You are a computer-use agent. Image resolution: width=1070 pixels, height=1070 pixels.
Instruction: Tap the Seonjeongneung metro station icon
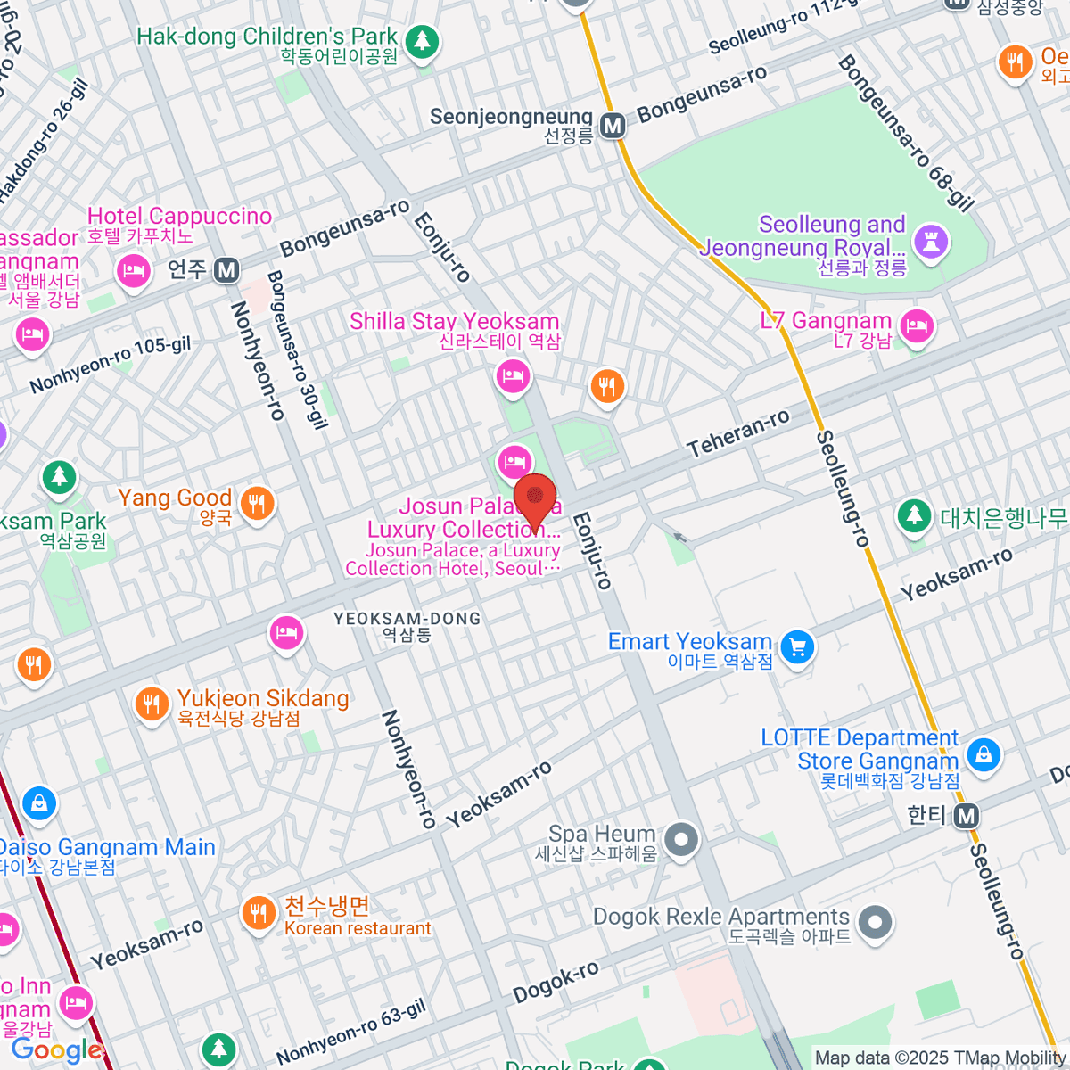point(613,126)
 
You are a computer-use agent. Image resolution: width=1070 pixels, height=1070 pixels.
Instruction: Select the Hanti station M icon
point(967,815)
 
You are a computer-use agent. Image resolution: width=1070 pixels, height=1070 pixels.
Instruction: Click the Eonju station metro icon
point(226,269)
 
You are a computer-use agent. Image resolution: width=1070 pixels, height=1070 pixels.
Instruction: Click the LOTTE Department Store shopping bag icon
point(984,754)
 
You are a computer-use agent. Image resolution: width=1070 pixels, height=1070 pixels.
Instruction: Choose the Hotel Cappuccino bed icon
point(134,270)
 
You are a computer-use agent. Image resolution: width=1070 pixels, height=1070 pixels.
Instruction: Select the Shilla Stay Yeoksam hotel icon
point(513,375)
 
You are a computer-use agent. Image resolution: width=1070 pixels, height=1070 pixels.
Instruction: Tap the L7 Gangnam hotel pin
point(917,325)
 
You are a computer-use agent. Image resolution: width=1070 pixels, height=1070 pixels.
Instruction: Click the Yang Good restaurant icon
point(257,504)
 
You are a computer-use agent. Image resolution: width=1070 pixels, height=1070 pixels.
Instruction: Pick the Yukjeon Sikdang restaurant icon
point(152,704)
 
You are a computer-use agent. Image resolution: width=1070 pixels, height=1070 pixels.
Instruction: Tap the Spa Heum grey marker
point(682,840)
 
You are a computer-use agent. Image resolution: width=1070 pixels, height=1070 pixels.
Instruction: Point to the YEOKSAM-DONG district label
point(407,618)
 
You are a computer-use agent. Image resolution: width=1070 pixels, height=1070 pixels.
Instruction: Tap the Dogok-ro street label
point(556,982)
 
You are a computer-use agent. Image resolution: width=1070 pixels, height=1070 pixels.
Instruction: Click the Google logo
point(57,1050)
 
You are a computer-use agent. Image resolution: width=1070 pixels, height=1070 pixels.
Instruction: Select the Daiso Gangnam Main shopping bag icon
point(39,803)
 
